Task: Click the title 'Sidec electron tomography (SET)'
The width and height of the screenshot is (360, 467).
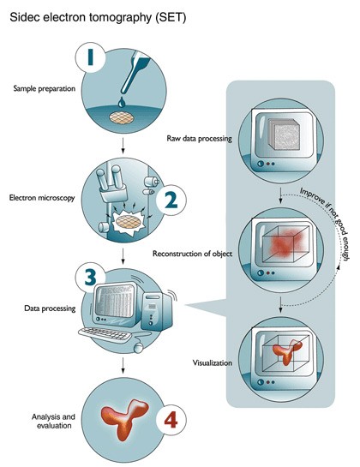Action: point(98,18)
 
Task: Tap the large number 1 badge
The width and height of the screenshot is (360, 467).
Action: point(90,57)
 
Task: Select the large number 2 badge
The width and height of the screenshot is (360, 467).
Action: point(171,200)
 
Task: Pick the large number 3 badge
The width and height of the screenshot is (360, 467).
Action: point(90,278)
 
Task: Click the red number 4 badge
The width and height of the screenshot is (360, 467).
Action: point(171,420)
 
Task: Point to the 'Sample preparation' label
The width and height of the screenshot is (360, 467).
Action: point(44,88)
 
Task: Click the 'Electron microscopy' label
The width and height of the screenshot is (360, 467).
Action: point(42,198)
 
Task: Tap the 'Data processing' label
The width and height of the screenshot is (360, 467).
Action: point(50,308)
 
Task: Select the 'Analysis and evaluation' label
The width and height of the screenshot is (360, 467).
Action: point(53,421)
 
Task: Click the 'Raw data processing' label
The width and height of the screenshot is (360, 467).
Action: point(199,139)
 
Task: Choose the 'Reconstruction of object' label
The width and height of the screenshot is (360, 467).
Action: point(192,254)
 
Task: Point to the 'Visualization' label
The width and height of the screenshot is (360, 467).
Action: point(213,362)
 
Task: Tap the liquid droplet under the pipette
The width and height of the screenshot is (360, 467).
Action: point(122,102)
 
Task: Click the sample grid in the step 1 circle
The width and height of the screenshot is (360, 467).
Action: point(122,117)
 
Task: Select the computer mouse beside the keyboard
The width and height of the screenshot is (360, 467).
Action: point(138,348)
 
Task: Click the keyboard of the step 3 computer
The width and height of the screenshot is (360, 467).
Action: point(105,334)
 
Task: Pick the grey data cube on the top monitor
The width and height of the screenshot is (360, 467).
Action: point(284,135)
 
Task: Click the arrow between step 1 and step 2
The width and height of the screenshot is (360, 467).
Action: point(123,146)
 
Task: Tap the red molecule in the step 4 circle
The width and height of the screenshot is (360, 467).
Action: point(124,418)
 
